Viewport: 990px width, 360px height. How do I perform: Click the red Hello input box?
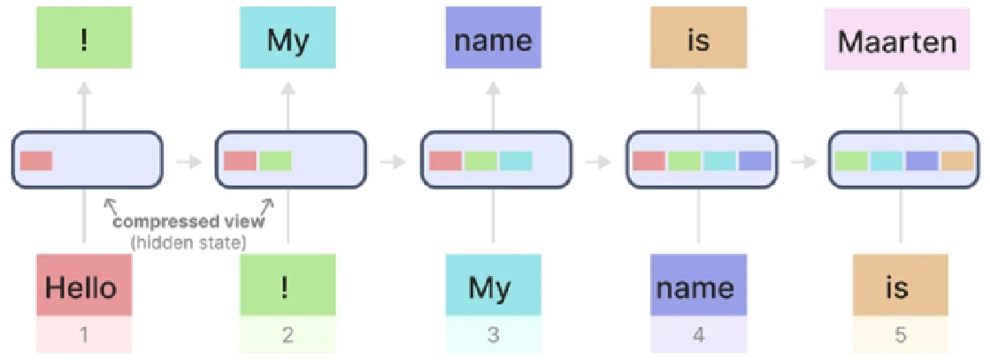click(84, 285)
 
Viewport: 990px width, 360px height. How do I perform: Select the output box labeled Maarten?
click(897, 38)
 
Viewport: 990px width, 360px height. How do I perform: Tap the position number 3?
click(493, 334)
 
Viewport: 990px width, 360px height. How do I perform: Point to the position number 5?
click(901, 334)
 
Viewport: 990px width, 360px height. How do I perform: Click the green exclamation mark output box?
click(84, 38)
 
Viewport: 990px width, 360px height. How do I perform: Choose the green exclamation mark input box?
click(288, 285)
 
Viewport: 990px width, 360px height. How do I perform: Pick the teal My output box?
click(288, 38)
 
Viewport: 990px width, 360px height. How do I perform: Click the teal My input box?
click(493, 285)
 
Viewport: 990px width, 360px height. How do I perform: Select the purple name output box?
click(493, 38)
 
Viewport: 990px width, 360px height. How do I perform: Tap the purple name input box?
click(698, 285)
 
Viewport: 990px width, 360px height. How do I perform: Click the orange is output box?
click(698, 38)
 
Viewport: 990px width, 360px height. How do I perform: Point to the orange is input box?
click(901, 285)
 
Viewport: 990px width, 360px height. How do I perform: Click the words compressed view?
click(188, 222)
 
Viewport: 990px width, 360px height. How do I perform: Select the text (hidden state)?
click(188, 241)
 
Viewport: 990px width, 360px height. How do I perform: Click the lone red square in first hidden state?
click(36, 161)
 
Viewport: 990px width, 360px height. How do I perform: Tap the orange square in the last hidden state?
click(956, 161)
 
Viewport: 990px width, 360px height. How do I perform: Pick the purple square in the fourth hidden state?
click(755, 161)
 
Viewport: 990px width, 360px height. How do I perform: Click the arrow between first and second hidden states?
click(188, 162)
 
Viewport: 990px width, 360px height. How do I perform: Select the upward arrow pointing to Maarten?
click(901, 103)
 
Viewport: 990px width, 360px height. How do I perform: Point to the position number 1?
click(84, 334)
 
